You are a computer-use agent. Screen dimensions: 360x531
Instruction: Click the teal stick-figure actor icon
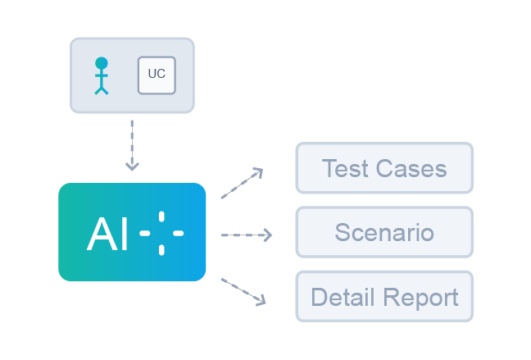(101, 75)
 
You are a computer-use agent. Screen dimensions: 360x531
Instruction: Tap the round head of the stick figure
(101, 62)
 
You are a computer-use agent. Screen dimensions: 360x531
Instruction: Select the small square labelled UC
(157, 75)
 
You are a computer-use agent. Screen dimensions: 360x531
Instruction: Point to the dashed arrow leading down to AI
(132, 143)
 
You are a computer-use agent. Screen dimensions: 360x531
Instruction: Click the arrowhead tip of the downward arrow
(132, 169)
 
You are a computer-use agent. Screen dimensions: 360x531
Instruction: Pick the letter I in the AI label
(124, 235)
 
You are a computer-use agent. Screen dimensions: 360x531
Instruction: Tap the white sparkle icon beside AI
(161, 234)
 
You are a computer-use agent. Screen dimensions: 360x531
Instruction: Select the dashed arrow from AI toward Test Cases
(241, 184)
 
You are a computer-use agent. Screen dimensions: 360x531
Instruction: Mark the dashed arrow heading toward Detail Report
(243, 291)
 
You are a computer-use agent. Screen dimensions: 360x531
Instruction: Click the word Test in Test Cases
(344, 169)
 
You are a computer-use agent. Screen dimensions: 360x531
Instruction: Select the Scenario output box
(384, 232)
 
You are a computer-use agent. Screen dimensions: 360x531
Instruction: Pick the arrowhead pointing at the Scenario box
(267, 235)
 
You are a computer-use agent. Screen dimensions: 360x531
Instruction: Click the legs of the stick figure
(101, 89)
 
